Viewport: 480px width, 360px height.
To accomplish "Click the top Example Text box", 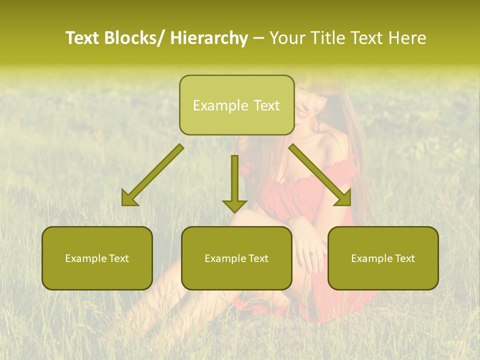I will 236,105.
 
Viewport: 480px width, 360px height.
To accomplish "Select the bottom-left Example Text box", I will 97,258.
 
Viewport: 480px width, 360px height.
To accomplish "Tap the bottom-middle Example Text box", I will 236,258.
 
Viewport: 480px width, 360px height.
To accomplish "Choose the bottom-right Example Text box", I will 383,258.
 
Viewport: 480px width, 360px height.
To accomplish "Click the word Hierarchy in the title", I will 209,38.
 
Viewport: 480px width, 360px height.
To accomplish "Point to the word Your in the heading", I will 286,38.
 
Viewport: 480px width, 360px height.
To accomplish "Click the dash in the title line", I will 258,38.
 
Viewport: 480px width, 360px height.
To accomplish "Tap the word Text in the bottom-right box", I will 404,258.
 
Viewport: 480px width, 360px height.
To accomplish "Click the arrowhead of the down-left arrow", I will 129,199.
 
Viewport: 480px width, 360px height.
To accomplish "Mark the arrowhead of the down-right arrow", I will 343,199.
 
